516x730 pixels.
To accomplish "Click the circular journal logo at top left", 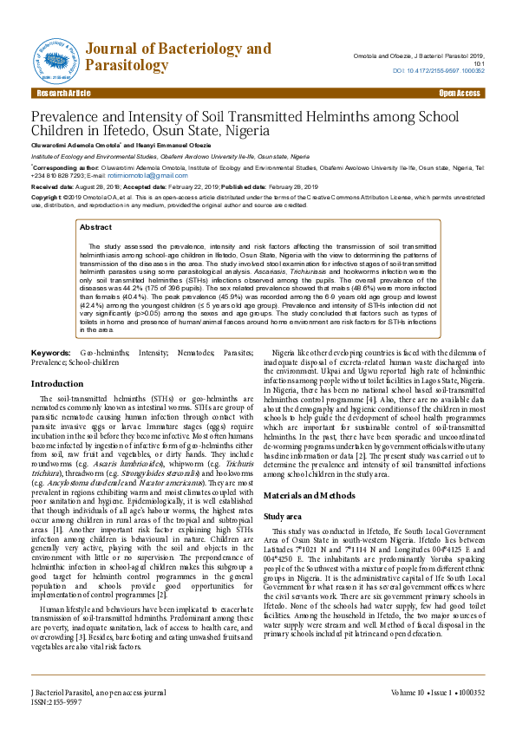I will pyautogui.click(x=57, y=56).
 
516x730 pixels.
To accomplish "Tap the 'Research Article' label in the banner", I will pyautogui.click(x=62, y=93).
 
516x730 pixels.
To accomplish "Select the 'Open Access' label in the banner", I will pyautogui.click(x=459, y=93).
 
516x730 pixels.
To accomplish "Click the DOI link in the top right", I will pyautogui.click(x=439, y=70).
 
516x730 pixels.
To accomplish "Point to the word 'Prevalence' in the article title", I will pyautogui.click(x=69, y=117).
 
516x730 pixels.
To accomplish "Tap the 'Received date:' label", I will pyautogui.click(x=52, y=186).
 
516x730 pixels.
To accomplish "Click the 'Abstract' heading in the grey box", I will pyautogui.click(x=95, y=227).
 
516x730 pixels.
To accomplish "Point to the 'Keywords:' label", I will pyautogui.click(x=50, y=355).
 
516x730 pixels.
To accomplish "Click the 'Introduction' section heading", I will pyautogui.click(x=57, y=383).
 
